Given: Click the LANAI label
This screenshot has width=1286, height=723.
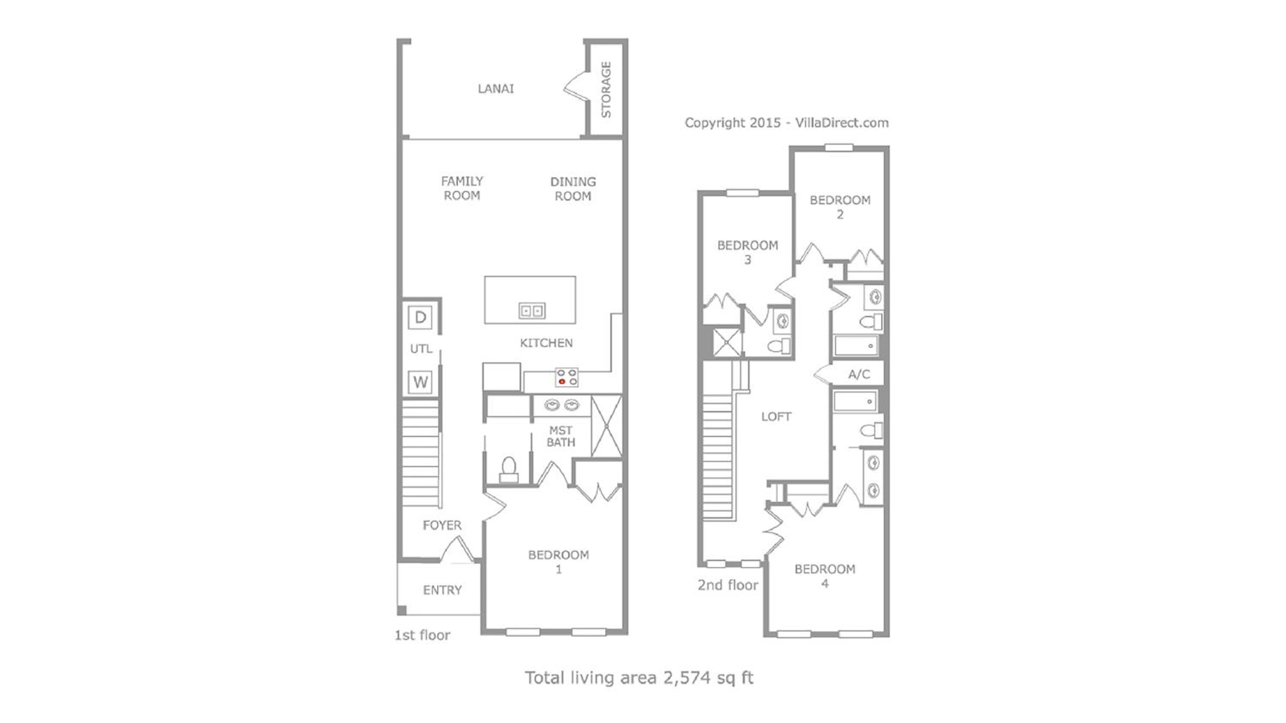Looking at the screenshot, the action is tap(495, 89).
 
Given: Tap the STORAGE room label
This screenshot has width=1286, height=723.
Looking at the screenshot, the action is tap(606, 90).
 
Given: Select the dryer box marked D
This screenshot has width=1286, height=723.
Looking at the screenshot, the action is tap(421, 317).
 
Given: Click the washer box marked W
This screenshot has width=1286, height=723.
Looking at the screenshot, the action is tap(421, 382).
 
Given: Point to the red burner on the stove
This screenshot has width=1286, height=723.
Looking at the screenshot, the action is tap(562, 382).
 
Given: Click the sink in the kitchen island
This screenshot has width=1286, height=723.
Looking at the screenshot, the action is tap(532, 311).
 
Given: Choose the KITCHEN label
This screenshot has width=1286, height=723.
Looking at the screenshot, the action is tap(546, 343).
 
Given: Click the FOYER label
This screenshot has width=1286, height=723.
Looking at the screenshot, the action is tap(442, 525).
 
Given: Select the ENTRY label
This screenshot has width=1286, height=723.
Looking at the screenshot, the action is tap(442, 590).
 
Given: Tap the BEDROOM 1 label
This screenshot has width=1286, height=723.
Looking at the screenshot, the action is tap(559, 562).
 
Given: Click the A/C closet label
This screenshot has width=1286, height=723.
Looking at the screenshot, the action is tap(859, 374).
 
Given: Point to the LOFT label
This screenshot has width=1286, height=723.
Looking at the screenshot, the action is tap(776, 417).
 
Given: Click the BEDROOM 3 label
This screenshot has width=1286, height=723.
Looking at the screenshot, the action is tap(747, 252).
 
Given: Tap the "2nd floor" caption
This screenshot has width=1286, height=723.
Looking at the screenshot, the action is tap(728, 585).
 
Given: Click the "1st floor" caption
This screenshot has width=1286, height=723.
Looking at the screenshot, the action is tap(422, 635).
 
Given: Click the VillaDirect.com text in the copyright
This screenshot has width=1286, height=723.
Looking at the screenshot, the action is tap(842, 123).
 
